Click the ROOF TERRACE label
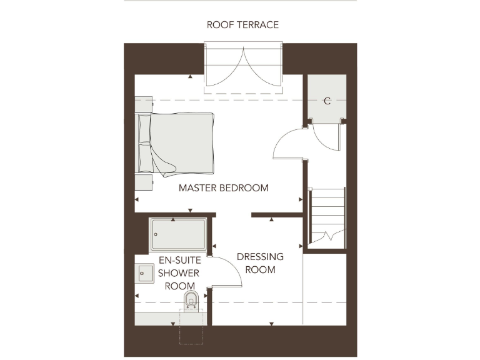click(242, 25)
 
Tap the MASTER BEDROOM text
click(224, 187)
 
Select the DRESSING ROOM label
click(260, 263)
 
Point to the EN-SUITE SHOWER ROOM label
click(178, 273)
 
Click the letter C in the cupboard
click(326, 101)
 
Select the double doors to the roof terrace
click(243, 67)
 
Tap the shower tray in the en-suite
click(178, 234)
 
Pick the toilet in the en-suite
click(192, 301)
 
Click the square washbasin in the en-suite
click(146, 273)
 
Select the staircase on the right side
click(327, 216)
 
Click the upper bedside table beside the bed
click(144, 104)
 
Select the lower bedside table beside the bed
click(144, 182)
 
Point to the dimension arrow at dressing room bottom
click(271, 323)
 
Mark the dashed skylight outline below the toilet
click(191, 327)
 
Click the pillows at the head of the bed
click(144, 144)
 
